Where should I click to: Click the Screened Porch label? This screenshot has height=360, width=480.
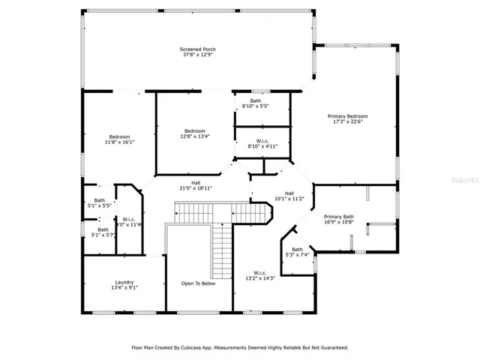(197, 49)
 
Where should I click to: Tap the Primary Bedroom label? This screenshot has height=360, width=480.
(347, 116)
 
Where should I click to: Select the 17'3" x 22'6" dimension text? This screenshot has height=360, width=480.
(347, 122)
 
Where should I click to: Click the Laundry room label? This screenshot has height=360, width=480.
(124, 282)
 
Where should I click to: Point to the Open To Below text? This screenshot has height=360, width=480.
(198, 283)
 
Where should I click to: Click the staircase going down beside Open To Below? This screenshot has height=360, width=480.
(222, 247)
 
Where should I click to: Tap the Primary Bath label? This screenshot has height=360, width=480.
(338, 217)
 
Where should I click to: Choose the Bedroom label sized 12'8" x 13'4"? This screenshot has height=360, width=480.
(194, 130)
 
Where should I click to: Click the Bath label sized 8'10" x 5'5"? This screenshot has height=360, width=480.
(256, 100)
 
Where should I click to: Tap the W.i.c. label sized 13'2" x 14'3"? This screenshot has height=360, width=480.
(260, 272)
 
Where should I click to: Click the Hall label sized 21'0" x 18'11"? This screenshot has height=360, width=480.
(195, 182)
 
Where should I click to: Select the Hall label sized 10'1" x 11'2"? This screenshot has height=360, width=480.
(289, 193)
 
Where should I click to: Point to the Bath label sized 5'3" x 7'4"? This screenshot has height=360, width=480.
(297, 249)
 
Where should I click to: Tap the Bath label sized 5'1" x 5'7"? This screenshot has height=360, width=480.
(103, 229)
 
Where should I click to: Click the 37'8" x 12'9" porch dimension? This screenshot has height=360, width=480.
(197, 55)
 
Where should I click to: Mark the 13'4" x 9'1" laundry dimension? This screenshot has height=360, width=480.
(124, 288)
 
